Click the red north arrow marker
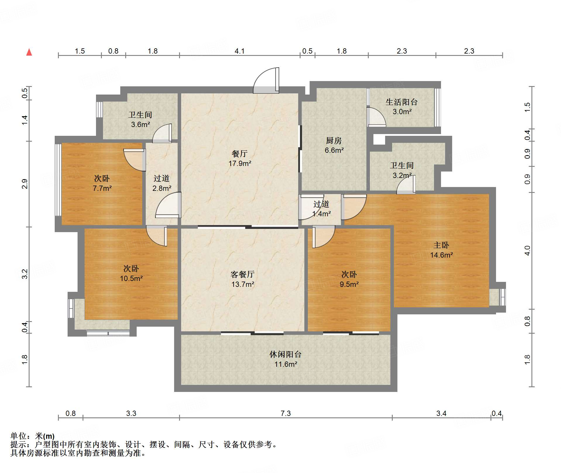point(29,52)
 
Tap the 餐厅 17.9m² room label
point(240,158)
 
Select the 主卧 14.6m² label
point(441,250)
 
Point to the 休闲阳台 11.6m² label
point(285,359)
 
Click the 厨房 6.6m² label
point(334,145)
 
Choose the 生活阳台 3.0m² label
point(402,107)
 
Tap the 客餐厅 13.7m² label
point(242,279)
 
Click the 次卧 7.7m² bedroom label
point(102,183)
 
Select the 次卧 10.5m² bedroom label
point(131,273)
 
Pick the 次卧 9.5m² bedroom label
point(349,279)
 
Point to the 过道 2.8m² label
point(162,183)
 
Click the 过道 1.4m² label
point(321,209)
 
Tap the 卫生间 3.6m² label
point(140,119)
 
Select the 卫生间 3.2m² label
point(402,170)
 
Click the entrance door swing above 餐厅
point(266,80)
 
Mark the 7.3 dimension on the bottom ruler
point(286,413)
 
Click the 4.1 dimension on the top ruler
point(239,51)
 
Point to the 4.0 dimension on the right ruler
point(527,251)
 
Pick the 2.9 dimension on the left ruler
point(25,184)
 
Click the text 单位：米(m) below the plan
point(32,436)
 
